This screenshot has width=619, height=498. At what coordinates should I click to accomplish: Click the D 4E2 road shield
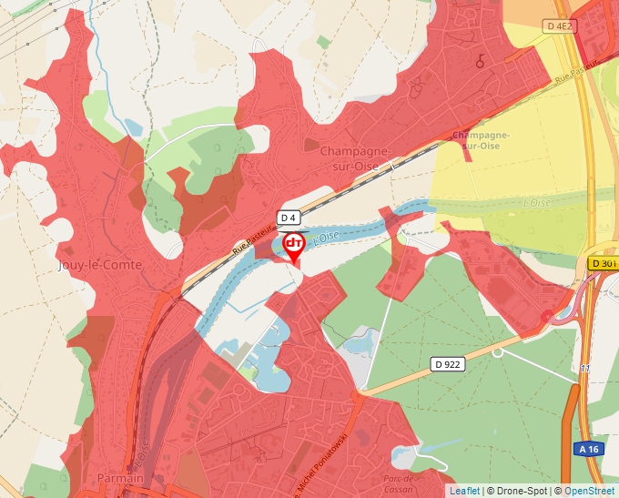point(560,26)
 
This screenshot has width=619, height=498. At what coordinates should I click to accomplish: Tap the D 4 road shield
point(289,218)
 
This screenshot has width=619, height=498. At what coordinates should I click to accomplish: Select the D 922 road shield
point(448,364)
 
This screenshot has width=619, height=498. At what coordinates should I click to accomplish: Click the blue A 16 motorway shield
point(588,449)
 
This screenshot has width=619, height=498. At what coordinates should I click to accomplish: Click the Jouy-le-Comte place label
point(91,266)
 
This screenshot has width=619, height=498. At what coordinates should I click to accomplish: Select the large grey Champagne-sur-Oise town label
point(356,158)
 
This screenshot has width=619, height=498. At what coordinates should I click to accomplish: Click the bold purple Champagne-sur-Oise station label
point(481,140)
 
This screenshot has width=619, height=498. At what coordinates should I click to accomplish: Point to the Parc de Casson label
point(400,483)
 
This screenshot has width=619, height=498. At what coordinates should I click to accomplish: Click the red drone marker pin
point(294,246)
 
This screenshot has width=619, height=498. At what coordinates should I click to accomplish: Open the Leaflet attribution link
point(464,491)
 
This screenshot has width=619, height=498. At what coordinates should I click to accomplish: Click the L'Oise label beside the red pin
point(326,237)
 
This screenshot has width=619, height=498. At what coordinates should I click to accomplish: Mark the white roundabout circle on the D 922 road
point(497,351)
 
